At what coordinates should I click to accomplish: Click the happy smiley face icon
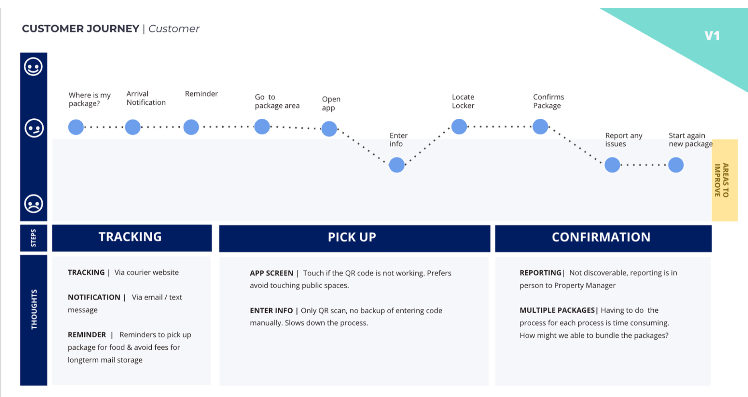click(33, 67)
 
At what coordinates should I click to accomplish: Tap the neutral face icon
click(34, 128)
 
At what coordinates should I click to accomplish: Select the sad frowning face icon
click(34, 204)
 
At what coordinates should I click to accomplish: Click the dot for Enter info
click(397, 165)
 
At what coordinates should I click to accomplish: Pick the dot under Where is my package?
click(76, 127)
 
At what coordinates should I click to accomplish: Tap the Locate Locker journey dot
click(459, 127)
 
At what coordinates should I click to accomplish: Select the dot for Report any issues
click(612, 165)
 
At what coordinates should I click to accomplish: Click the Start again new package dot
click(676, 165)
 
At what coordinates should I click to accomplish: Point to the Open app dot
click(329, 129)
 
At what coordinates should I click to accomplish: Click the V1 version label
click(712, 36)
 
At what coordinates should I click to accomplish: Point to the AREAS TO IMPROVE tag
click(725, 180)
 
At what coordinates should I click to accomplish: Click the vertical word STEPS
click(33, 238)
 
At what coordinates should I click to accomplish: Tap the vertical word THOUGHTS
click(34, 310)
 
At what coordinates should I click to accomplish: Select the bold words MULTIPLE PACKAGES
click(557, 310)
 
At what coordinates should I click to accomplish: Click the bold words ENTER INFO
click(271, 310)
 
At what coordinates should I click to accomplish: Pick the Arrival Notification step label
click(146, 98)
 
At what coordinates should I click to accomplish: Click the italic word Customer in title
click(174, 28)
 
